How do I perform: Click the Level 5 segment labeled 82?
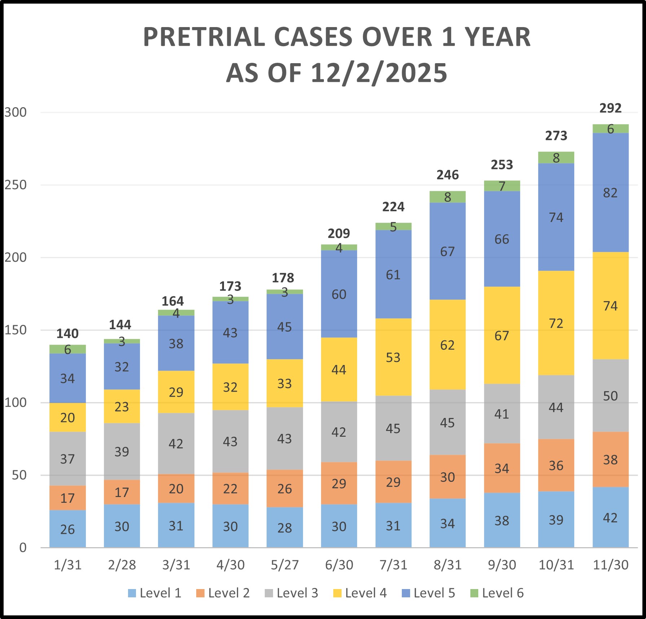tap(610, 193)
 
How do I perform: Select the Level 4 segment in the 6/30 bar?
tap(339, 370)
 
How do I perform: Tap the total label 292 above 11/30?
tap(610, 108)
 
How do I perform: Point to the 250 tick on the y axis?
tap(16, 185)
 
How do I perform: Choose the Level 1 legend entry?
tap(155, 593)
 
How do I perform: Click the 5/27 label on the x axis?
tap(285, 565)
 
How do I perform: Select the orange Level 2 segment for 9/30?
tap(502, 468)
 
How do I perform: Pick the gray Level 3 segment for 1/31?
tap(67, 459)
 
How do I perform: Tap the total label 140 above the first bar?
tap(67, 334)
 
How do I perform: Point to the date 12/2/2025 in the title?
tap(379, 73)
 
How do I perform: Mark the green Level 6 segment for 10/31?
tap(556, 158)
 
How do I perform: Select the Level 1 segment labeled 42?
tap(610, 518)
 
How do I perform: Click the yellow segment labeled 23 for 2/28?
tap(122, 407)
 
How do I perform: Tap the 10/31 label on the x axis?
tap(556, 565)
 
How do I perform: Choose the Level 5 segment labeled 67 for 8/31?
tap(447, 251)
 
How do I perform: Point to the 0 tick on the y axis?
tap(23, 548)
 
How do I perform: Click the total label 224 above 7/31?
tap(393, 207)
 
